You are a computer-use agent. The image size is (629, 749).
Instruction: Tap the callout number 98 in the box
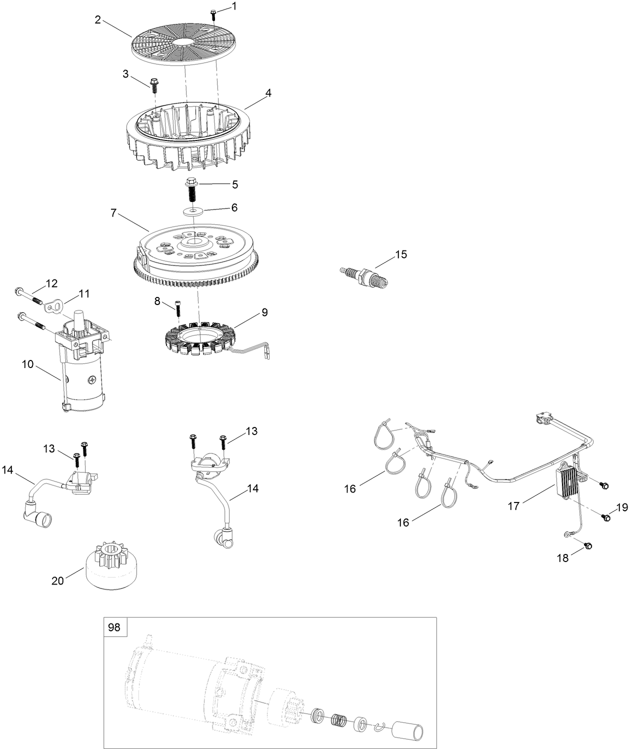click(x=114, y=627)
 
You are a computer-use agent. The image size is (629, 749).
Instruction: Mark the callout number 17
click(x=513, y=506)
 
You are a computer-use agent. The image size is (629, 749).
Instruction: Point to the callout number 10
click(x=28, y=364)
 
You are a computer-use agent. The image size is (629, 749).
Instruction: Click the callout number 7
click(x=113, y=213)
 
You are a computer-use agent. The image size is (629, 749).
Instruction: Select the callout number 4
click(x=268, y=93)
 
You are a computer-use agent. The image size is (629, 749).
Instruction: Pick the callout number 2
click(x=98, y=19)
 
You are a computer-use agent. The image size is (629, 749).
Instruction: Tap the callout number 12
click(x=52, y=283)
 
